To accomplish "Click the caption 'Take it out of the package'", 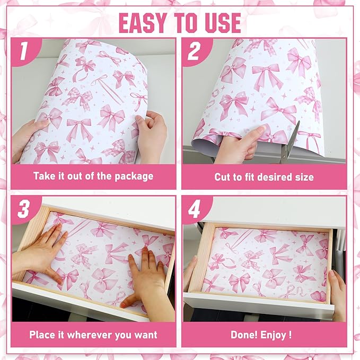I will tap(93, 177).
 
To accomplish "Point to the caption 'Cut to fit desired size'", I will tap(264, 177).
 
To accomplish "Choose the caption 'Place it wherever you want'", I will tap(93, 335).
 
